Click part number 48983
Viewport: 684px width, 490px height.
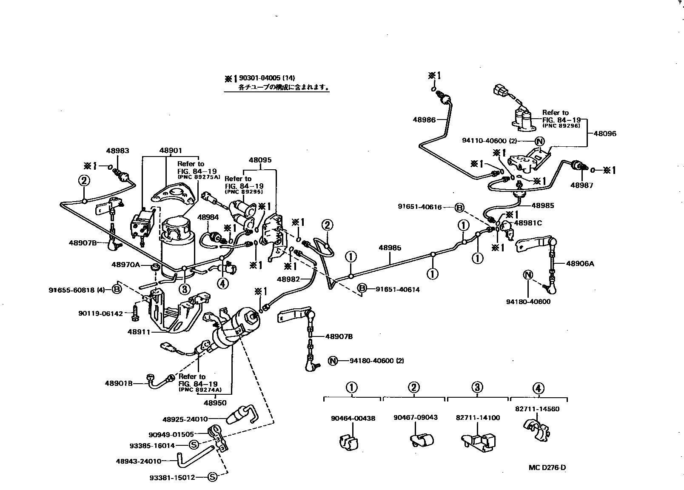point(117,151)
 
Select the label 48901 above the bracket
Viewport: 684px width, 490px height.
point(171,151)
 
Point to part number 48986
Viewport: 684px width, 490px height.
point(424,120)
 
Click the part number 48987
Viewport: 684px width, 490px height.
point(582,185)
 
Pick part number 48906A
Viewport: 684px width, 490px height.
point(580,264)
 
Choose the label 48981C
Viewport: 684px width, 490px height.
point(528,223)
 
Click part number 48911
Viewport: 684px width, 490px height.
point(139,332)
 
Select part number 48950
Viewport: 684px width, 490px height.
point(215,402)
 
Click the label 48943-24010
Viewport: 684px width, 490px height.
point(139,461)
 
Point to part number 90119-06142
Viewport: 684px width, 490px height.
point(100,313)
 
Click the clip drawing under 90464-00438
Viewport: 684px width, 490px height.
point(349,442)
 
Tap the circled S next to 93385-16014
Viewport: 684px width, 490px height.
point(194,445)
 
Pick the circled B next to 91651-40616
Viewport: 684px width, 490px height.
point(459,208)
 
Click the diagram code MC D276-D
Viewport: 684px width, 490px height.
point(547,467)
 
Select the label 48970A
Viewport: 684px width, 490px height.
point(125,265)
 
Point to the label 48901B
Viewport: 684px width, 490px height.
point(119,383)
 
